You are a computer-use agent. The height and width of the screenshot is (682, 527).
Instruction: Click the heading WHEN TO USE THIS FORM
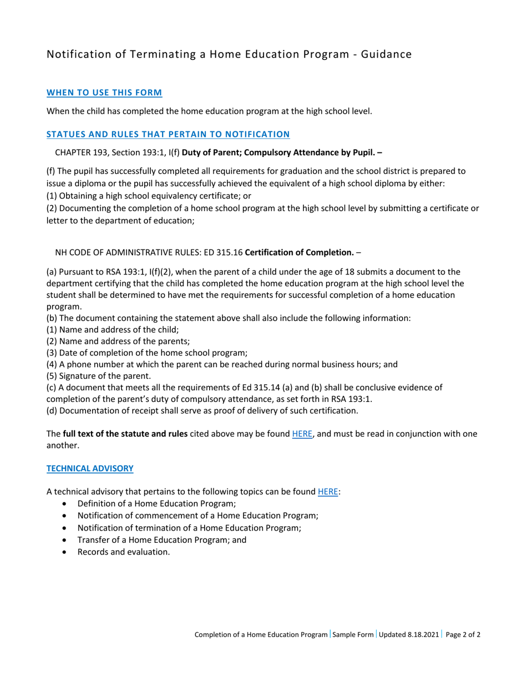coord(104,92)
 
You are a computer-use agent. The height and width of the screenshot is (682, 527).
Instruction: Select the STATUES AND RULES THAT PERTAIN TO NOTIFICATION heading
coord(168,134)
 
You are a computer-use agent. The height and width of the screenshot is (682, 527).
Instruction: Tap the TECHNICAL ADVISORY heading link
coord(90,468)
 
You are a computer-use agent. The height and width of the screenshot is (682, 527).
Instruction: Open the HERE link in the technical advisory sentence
coord(327,491)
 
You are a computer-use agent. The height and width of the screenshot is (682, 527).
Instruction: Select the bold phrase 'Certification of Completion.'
coord(300,253)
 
